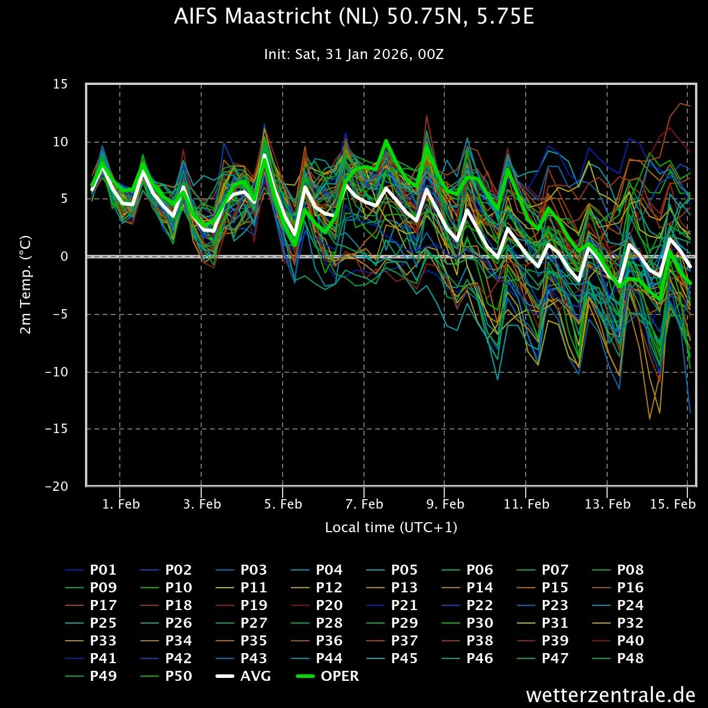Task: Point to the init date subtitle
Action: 354,55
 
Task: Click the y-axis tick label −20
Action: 57,487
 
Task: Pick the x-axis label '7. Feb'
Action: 364,504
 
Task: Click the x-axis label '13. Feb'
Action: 608,504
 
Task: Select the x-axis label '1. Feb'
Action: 120,504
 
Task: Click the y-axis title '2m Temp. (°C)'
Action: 25,285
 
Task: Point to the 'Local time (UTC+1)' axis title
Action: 391,527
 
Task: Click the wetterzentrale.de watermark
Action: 611,694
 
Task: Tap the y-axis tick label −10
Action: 57,372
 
